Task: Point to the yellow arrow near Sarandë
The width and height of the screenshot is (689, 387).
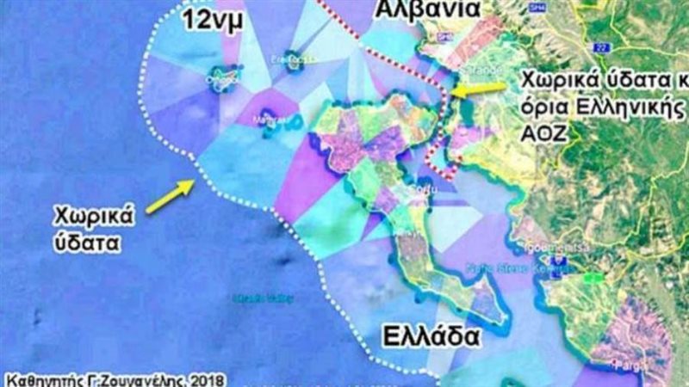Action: click(478, 89)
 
